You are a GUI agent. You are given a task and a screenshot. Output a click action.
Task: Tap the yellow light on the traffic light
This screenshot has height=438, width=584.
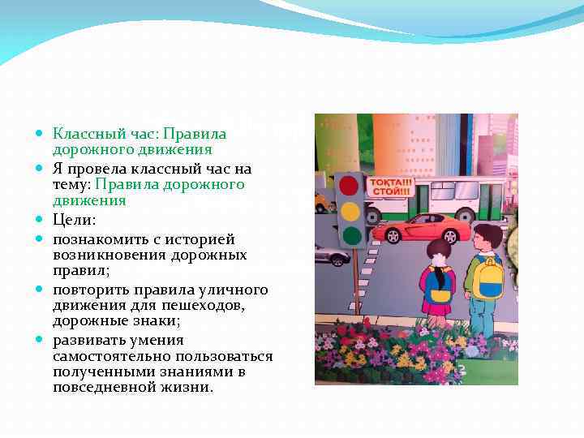tap(350, 212)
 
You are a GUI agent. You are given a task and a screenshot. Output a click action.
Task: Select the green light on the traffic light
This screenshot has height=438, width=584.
tap(350, 237)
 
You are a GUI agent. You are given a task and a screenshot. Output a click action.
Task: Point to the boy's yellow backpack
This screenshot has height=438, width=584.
tap(488, 280)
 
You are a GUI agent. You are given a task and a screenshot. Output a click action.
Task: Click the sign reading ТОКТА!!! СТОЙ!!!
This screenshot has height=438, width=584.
tap(390, 187)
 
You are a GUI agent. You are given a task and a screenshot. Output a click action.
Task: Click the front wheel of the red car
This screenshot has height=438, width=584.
tap(393, 236)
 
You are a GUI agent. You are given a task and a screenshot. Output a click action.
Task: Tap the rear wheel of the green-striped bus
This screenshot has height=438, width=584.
tap(466, 216)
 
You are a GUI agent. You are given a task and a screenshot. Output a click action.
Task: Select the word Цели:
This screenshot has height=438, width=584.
tap(75, 220)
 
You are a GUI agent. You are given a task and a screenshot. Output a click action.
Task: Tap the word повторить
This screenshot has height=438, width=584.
tap(89, 290)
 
